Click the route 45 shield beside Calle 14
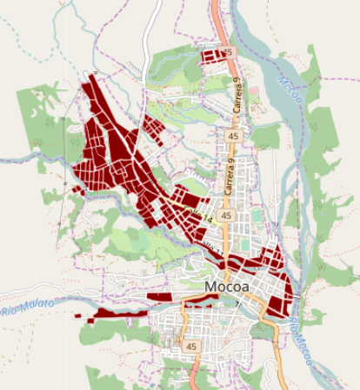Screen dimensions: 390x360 tap(226, 215)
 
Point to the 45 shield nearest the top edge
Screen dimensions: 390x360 tap(229, 53)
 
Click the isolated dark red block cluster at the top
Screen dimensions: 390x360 tap(211, 56)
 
